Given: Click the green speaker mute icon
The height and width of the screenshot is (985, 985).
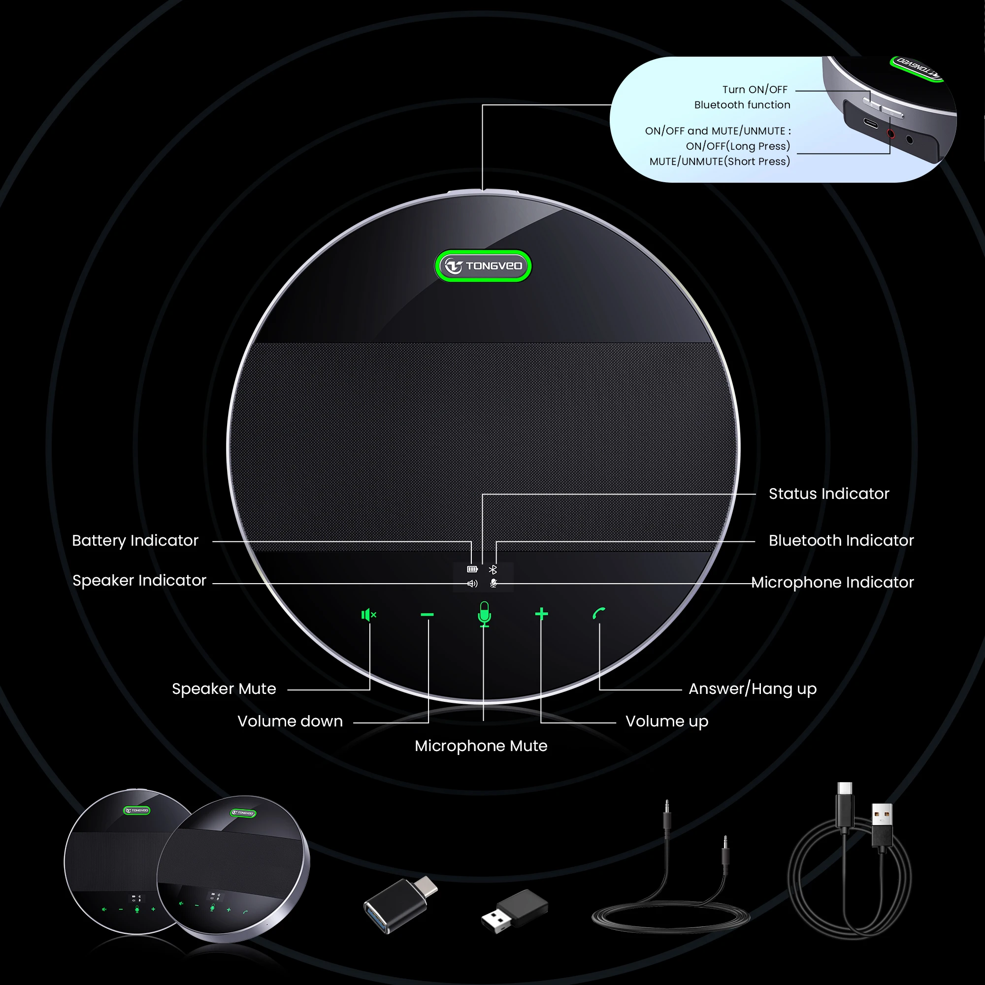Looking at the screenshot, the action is point(368,615).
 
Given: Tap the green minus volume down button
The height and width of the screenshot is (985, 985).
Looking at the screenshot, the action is point(427,615).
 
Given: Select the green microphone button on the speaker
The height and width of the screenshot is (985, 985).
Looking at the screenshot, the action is point(484,614).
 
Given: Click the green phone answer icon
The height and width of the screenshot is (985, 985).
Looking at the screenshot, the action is point(598,613).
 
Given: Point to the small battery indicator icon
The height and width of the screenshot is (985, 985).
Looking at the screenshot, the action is point(472,569).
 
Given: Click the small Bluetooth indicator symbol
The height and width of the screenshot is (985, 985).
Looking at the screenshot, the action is point(492,569).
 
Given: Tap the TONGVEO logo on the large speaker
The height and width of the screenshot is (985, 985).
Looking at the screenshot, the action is point(483,265).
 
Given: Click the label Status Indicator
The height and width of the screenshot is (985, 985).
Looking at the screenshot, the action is point(828,493).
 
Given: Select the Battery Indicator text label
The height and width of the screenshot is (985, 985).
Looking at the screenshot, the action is point(135,540).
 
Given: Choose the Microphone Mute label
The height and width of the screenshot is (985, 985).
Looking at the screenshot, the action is point(481,746).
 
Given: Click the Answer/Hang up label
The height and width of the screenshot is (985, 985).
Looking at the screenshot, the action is point(753,689).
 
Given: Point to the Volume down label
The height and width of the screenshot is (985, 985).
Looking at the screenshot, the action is point(290,722).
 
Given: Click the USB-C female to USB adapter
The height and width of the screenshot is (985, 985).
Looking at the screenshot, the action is point(401,904).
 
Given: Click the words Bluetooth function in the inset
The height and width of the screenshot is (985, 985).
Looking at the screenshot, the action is point(742,105).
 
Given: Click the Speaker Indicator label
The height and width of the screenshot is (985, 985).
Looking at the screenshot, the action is point(139,580).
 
